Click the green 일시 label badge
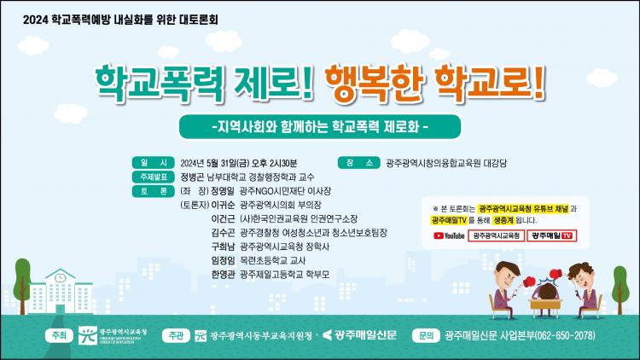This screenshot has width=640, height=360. click(x=153, y=163)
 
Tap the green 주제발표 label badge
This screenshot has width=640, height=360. click(x=153, y=177)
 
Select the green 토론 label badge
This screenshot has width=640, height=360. click(x=153, y=191)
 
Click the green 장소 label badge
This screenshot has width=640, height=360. click(x=359, y=163)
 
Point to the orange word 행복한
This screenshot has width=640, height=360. click(x=373, y=84)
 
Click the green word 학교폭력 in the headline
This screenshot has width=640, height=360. click(x=160, y=84)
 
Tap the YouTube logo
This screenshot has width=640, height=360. click(x=449, y=235)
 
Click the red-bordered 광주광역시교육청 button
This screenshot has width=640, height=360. click(x=496, y=235)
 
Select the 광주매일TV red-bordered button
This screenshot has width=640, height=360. click(x=552, y=235)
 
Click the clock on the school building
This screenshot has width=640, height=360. click(x=61, y=278)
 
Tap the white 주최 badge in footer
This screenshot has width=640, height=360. click(x=59, y=335)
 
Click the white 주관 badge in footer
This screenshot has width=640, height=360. click(x=176, y=335)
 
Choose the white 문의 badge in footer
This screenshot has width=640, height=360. click(x=426, y=335)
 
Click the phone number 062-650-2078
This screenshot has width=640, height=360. click(x=565, y=335)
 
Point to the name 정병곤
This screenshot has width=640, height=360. click(x=192, y=177)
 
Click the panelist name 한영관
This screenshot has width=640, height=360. click(x=223, y=275)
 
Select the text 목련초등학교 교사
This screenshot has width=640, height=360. click(x=273, y=260)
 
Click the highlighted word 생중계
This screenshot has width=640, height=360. click(x=503, y=220)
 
